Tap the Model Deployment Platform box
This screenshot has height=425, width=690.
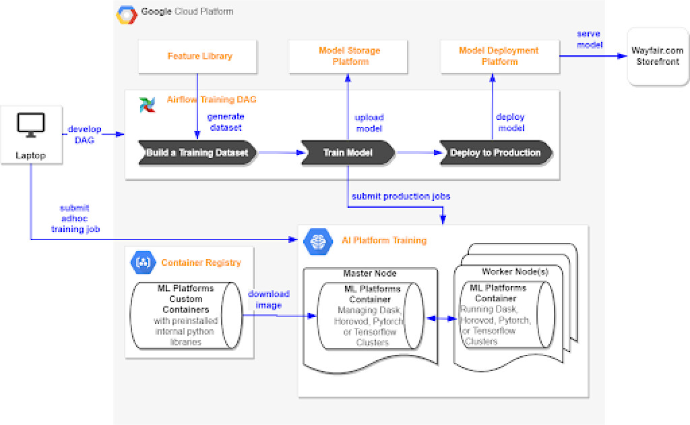pos(499,56)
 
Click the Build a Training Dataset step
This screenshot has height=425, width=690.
pos(197,152)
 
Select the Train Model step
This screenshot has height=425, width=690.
pos(348,152)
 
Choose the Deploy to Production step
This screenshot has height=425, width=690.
pos(495,152)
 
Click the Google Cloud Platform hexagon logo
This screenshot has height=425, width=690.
pos(127,15)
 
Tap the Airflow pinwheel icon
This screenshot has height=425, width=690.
pos(147,105)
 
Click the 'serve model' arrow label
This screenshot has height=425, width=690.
pos(589,39)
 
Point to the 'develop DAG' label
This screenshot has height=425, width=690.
pos(84,134)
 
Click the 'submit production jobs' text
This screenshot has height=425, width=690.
pos(400,196)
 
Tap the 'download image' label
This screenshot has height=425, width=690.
pos(268,299)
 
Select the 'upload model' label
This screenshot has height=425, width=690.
pos(369,123)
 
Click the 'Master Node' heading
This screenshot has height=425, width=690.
pos(370,273)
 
